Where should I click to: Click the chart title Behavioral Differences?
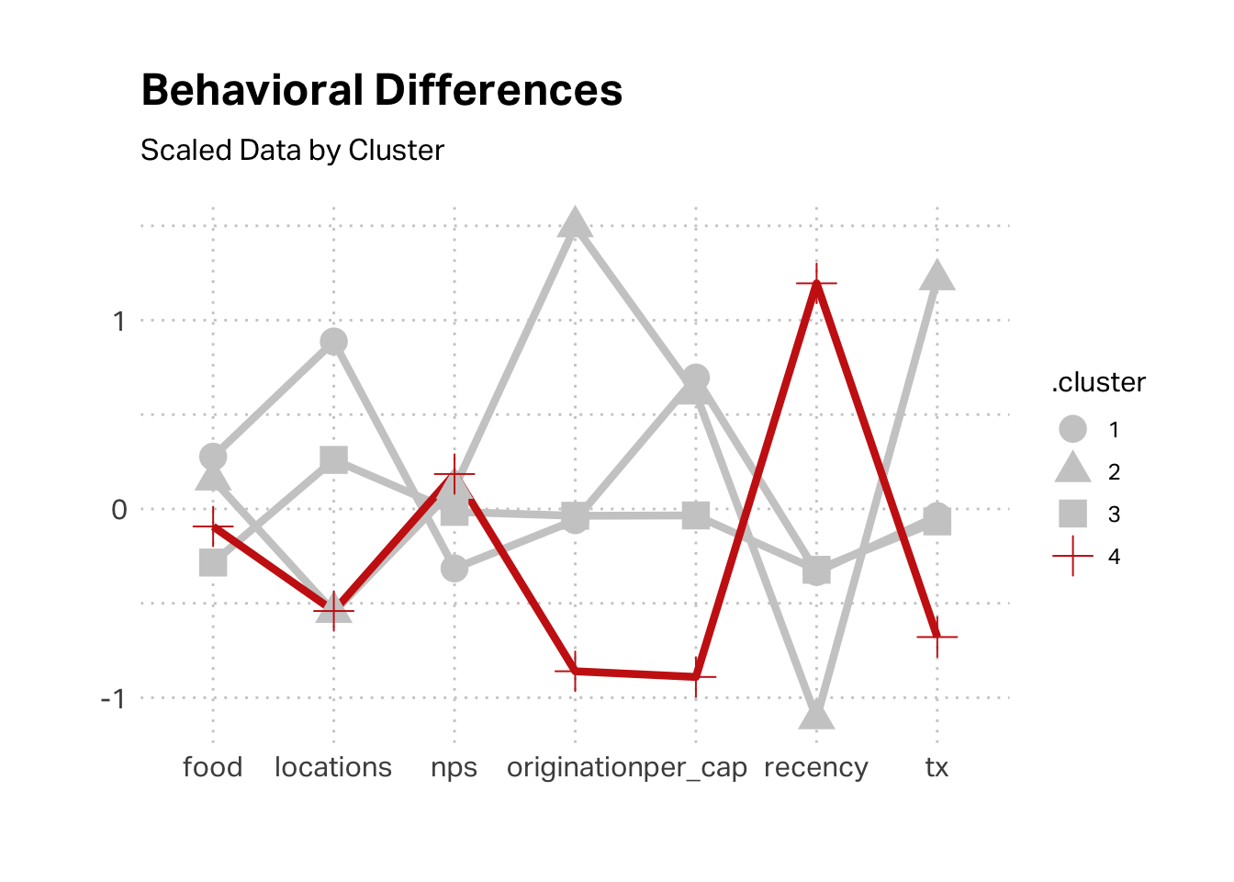382,91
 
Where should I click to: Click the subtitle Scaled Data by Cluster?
292,150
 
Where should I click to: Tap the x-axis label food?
212,767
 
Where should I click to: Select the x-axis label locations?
333,767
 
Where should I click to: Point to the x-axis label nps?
454,768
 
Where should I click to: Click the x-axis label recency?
816,768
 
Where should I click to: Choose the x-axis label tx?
937,767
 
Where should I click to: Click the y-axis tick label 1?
118,321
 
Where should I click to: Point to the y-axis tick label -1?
113,698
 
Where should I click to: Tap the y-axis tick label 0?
118,510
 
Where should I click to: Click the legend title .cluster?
1098,382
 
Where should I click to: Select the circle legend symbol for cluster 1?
1072,429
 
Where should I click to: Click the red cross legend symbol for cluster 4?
1072,556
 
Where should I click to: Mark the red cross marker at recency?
816,284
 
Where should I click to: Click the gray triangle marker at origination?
575,223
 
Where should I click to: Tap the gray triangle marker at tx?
937,275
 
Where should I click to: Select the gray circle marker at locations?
333,342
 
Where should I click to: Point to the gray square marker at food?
213,562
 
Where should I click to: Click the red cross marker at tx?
937,636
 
